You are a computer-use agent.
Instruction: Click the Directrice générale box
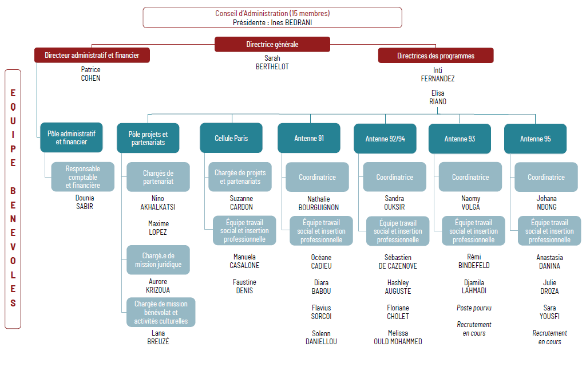272,44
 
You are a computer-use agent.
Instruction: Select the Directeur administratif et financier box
92,56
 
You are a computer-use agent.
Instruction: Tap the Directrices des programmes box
435,56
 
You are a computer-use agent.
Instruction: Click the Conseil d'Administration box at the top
272,18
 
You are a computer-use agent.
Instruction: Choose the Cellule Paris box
231,138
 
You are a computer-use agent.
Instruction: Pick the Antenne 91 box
309,139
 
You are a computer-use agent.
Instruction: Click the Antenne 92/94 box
385,139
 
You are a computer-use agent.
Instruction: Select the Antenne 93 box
460,139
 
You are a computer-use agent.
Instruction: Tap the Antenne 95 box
536,139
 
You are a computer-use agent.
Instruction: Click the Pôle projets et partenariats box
148,138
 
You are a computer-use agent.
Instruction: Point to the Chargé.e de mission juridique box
158,260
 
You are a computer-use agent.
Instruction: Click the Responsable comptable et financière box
82,177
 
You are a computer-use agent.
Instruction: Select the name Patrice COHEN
90,74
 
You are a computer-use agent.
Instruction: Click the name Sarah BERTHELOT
272,62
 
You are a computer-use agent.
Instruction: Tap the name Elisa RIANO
438,97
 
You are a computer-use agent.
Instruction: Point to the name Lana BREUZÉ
158,337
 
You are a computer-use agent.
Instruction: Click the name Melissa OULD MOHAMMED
398,337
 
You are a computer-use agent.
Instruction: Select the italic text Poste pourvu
474,308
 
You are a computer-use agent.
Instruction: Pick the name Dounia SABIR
85,202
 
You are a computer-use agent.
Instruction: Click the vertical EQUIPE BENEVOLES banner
13,199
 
